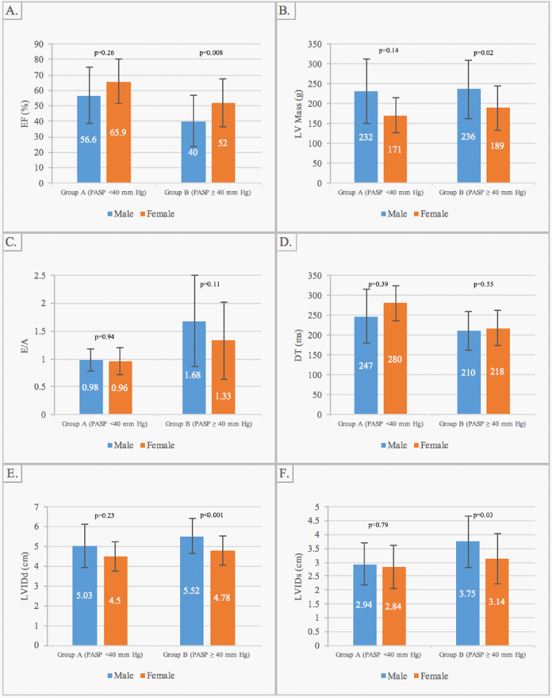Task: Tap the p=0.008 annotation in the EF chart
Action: click(210, 52)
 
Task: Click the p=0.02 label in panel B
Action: click(484, 52)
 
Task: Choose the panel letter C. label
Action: click(12, 243)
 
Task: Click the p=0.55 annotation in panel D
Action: click(484, 283)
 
